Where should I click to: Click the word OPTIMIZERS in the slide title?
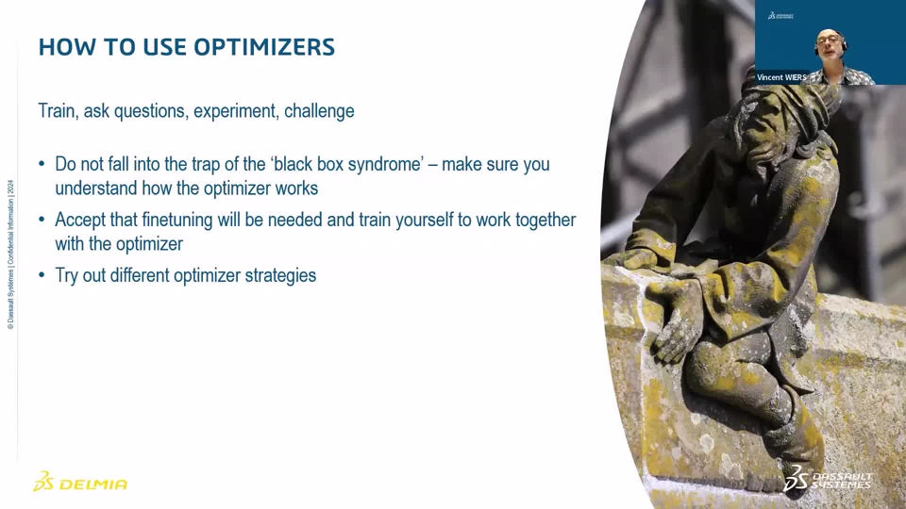[x=264, y=47]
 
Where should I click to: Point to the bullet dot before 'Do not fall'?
[x=42, y=164]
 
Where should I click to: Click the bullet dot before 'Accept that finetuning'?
[x=42, y=220]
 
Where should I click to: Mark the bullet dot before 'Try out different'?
[x=42, y=275]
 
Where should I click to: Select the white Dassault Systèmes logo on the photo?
[x=828, y=479]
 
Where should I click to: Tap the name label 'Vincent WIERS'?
[x=781, y=77]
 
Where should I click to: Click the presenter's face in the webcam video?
[x=830, y=46]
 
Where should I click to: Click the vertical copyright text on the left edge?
[x=10, y=254]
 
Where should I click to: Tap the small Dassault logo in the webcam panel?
[x=780, y=16]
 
